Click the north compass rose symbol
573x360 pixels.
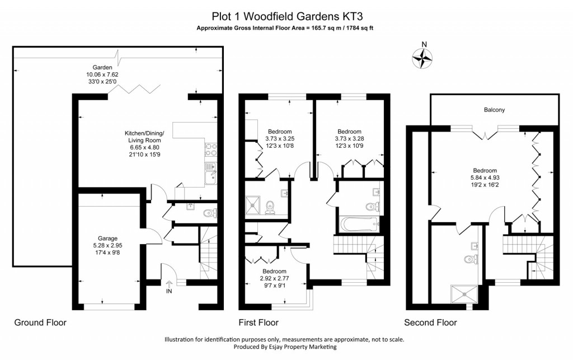pos(424,57)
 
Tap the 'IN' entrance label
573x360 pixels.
pos(169,291)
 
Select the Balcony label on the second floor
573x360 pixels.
pos(494,110)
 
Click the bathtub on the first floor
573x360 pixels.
pos(359,226)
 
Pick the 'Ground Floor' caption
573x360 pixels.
pos(40,322)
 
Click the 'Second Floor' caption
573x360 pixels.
pos(430,322)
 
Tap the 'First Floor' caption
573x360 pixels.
pos(258,322)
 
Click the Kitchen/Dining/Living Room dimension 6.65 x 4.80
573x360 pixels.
pos(144,141)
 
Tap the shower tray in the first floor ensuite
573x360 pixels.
pos(254,205)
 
